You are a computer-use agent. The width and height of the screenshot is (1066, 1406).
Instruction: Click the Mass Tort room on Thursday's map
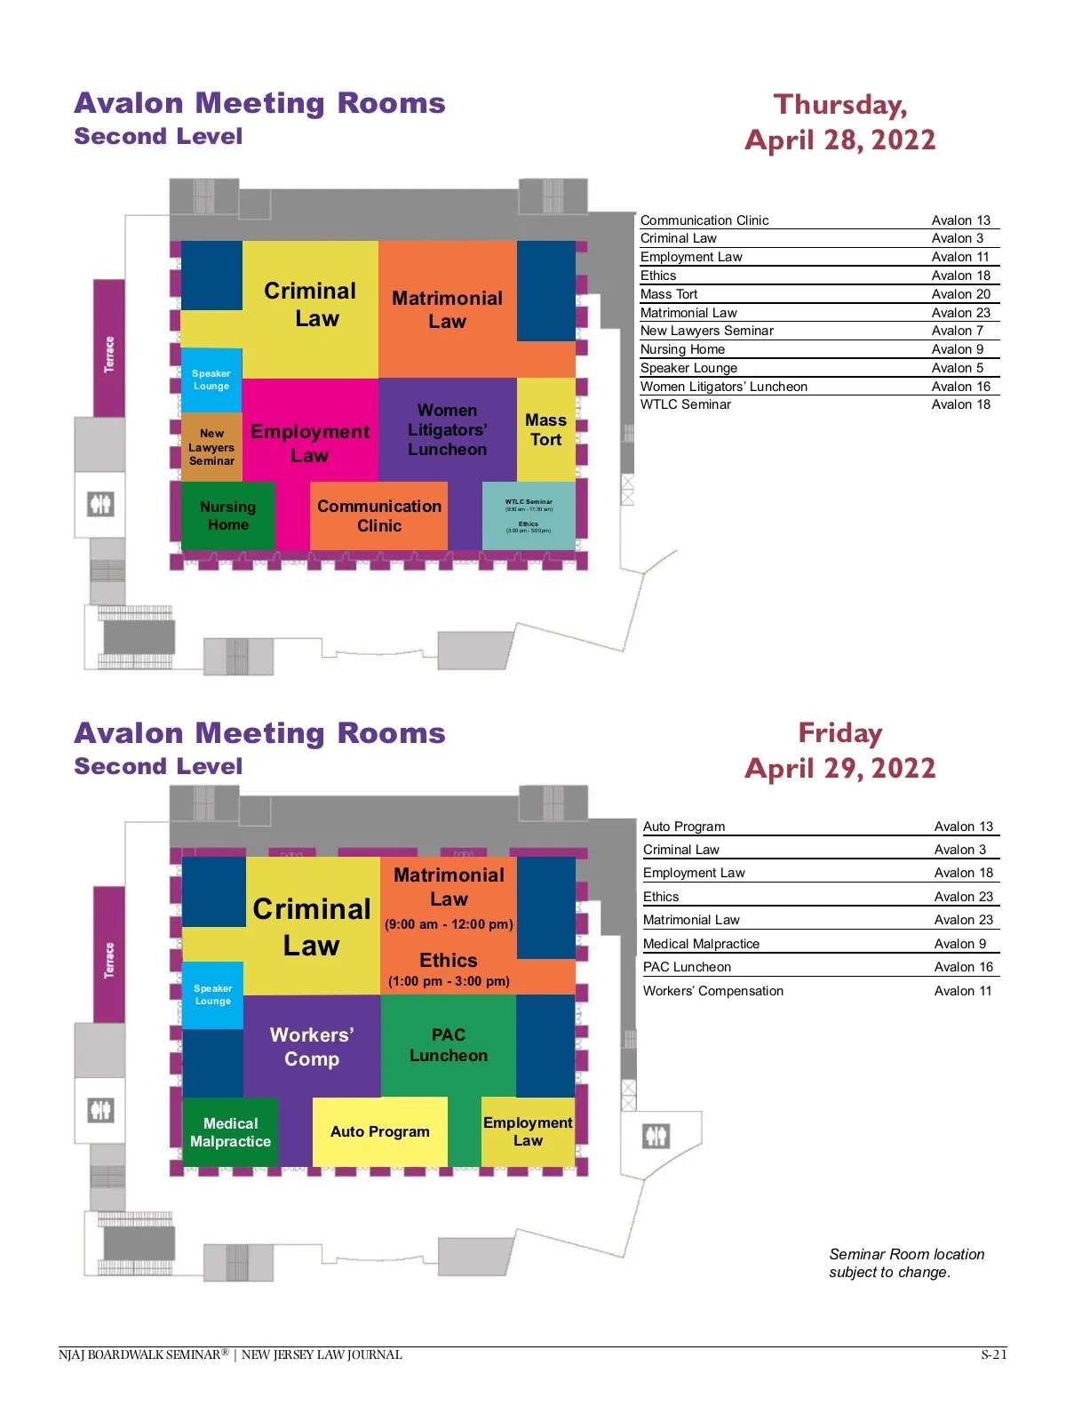coord(545,430)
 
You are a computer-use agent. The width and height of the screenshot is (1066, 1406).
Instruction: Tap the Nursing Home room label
coord(227,515)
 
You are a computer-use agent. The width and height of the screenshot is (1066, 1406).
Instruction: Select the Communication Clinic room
coord(379,515)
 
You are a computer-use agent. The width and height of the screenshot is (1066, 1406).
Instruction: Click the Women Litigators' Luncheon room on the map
coord(447,430)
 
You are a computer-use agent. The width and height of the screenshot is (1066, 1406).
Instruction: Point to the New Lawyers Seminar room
coord(211,447)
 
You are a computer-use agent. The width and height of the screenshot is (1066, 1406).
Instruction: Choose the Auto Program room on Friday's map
coord(379,1131)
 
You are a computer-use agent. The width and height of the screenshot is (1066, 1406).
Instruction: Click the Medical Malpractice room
coord(230,1132)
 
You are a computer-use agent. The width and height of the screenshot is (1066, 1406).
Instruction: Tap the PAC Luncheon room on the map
coord(448,1045)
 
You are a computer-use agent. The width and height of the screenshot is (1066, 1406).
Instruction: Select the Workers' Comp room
coord(312,1046)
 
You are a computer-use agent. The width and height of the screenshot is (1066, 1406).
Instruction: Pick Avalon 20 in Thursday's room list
coord(960,294)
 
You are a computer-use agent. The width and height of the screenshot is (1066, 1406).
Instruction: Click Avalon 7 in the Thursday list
coord(957,331)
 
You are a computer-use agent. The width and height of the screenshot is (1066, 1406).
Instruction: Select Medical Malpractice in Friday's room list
coord(701,944)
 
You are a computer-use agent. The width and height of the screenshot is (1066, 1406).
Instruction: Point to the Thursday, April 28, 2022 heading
coord(839,123)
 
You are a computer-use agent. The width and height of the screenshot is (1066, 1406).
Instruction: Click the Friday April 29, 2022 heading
coord(839,751)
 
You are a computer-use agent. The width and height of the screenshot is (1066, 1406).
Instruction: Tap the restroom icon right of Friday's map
coord(656,1136)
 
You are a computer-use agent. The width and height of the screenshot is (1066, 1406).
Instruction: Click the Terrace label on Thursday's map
coord(109,354)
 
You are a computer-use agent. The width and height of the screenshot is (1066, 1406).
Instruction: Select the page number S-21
coord(993,1354)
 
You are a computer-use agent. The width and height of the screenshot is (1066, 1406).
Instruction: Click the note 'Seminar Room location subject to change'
coord(906,1263)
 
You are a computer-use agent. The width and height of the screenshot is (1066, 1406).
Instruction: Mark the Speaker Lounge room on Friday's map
coord(212,995)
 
